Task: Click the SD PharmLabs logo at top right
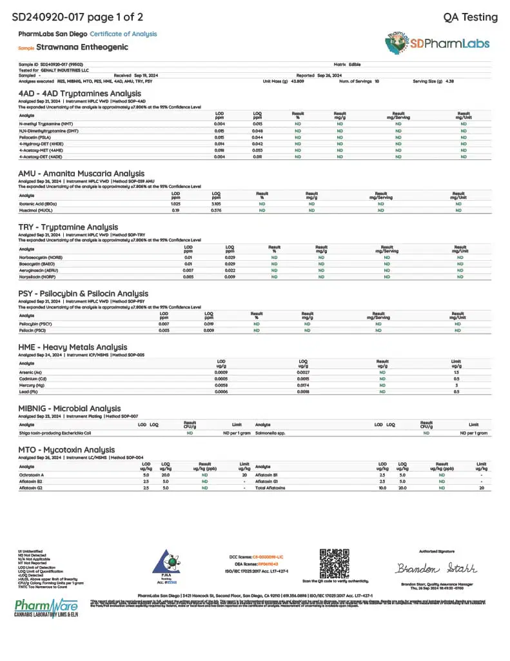pyautogui.click(x=438, y=43)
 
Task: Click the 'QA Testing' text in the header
pyautogui.click(x=471, y=17)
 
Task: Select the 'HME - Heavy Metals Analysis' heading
pyautogui.click(x=73, y=347)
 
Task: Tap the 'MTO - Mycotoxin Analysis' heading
pyautogui.click(x=67, y=449)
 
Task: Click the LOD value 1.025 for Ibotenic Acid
pyautogui.click(x=175, y=203)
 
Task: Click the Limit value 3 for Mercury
pyautogui.click(x=456, y=385)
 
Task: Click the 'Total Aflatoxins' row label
pyautogui.click(x=271, y=487)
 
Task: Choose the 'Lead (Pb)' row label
pyautogui.click(x=28, y=391)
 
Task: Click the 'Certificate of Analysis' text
pyautogui.click(x=123, y=34)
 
